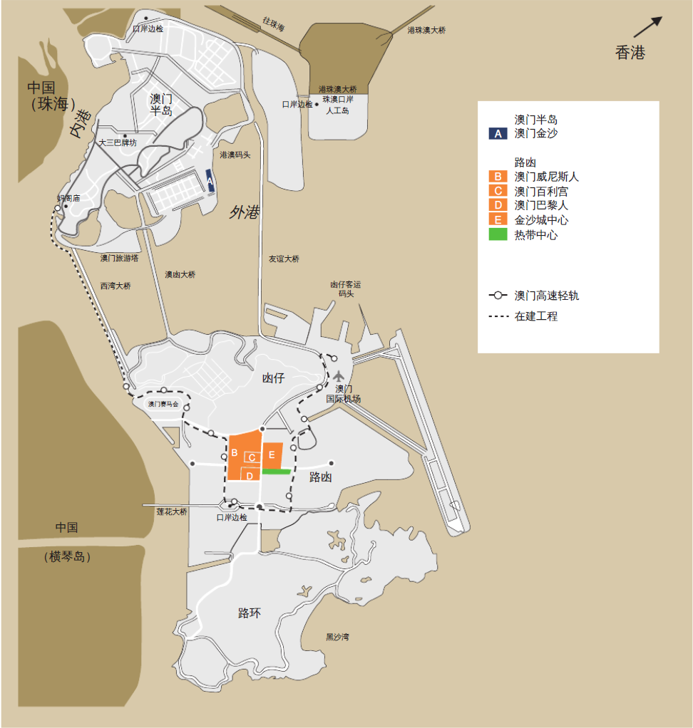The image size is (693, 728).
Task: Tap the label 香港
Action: point(630,53)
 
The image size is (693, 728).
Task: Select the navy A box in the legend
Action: point(497,133)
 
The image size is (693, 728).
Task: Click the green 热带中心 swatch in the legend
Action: point(497,234)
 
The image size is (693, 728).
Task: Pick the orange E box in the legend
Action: point(497,220)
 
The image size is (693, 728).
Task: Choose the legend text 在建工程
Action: point(536,316)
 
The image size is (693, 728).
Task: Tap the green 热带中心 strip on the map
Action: point(276,471)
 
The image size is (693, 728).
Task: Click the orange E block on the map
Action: point(272,455)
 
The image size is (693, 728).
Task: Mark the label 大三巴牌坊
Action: point(118,142)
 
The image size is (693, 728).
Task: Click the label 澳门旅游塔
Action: point(120,258)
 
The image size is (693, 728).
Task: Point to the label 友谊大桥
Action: point(284,259)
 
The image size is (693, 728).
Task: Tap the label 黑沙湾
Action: point(337,637)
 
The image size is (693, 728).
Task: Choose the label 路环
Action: point(250,613)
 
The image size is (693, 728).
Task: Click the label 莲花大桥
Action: point(172,511)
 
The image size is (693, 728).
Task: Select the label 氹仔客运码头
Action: point(346,288)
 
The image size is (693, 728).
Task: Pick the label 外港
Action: point(244,212)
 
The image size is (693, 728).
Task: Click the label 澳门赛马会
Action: point(163,404)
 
